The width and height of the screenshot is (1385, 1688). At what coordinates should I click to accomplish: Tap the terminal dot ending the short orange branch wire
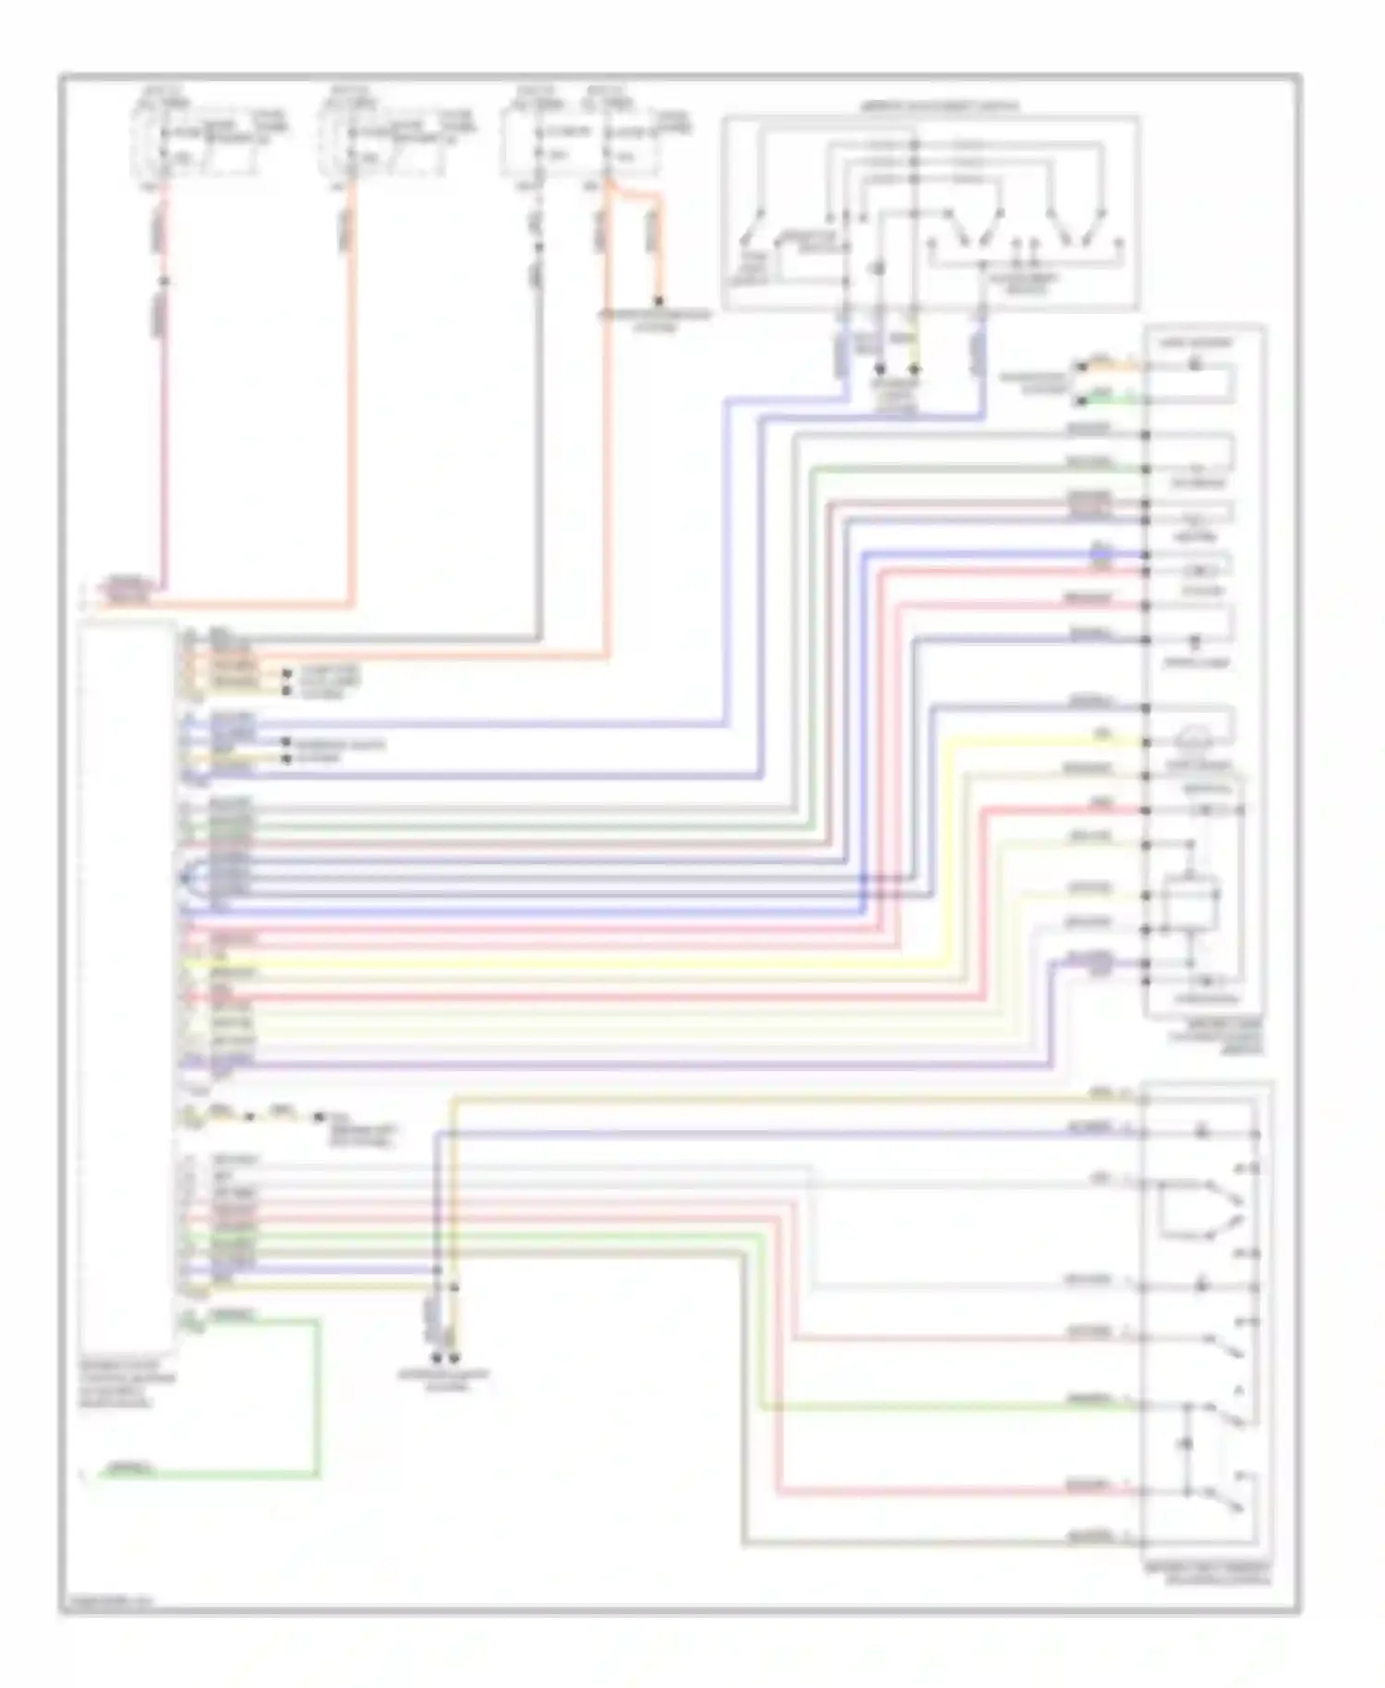pos(658,301)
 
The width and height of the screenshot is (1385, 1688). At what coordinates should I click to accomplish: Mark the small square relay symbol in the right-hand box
pos(1190,897)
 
